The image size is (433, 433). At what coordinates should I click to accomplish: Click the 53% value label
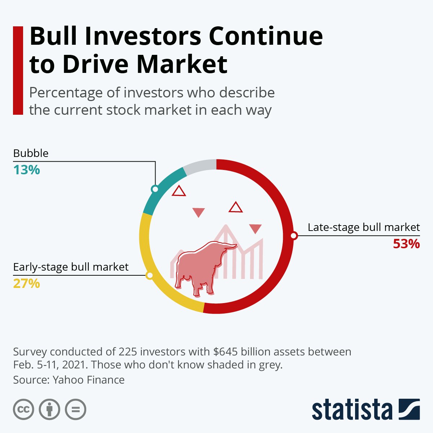click(x=406, y=244)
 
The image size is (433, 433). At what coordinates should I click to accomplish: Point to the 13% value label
click(x=26, y=170)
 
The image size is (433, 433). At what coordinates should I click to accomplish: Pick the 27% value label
click(x=26, y=284)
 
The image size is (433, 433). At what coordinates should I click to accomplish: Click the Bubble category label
click(x=31, y=153)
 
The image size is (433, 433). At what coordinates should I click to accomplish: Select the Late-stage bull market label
click(x=364, y=227)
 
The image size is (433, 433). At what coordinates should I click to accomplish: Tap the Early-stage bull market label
click(x=71, y=267)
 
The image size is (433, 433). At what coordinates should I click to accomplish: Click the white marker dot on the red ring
click(x=294, y=236)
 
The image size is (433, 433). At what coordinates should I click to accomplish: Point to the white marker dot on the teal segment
click(x=155, y=189)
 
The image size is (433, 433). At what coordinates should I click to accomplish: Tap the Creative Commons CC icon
click(x=23, y=410)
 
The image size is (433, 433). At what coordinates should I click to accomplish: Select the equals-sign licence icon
click(x=76, y=410)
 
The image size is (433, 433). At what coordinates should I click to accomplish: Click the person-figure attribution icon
click(x=49, y=410)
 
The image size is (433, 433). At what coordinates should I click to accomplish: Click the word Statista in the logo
click(x=352, y=410)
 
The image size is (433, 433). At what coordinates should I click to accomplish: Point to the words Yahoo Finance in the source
click(x=88, y=380)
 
